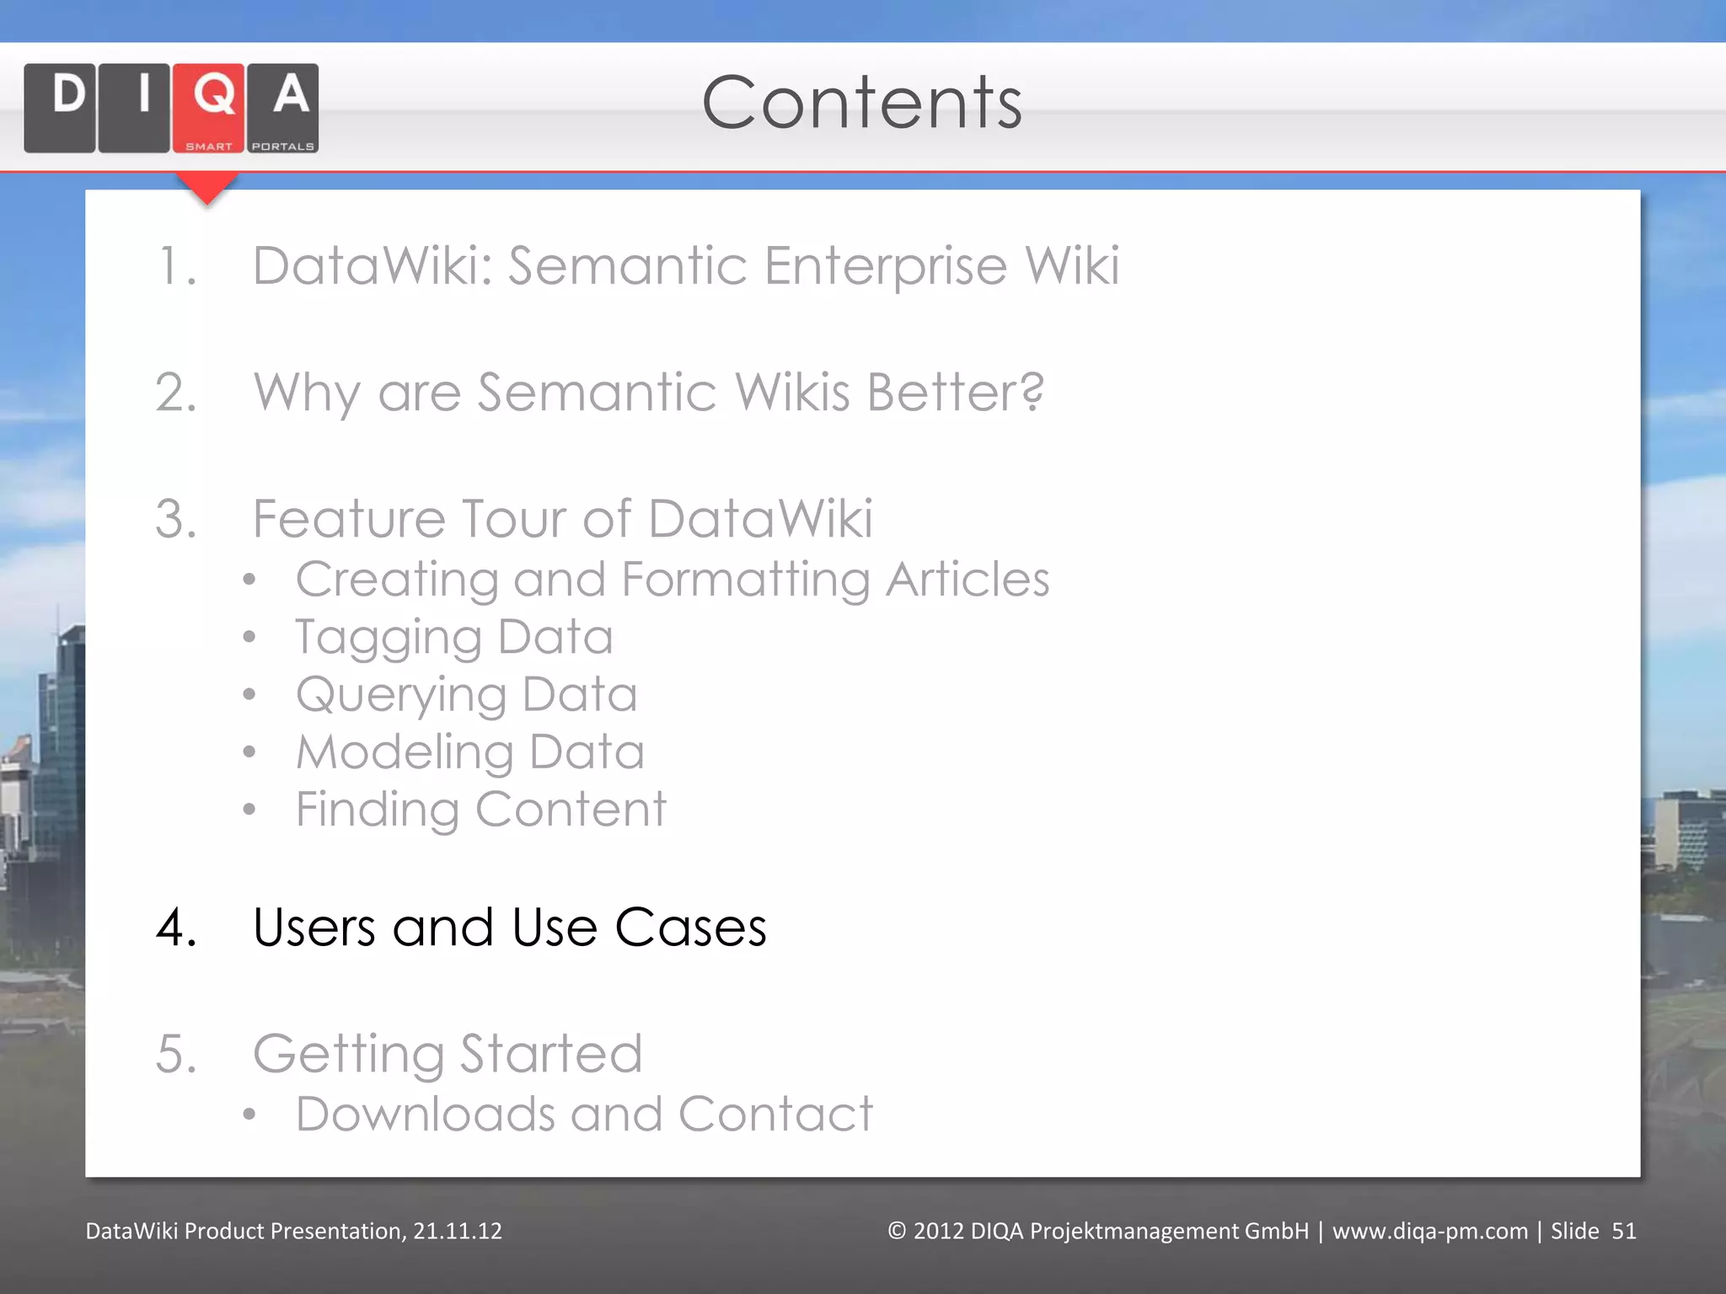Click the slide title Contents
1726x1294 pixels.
[x=861, y=103]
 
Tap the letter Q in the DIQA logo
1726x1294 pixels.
[x=213, y=94]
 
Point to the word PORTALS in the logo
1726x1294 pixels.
[x=282, y=147]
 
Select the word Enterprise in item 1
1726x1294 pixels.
[x=885, y=266]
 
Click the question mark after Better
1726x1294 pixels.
[x=1029, y=392]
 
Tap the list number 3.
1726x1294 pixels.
[x=175, y=519]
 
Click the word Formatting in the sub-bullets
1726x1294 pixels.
[x=745, y=581]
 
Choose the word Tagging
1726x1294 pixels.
[x=388, y=639]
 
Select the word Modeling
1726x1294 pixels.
[x=405, y=752]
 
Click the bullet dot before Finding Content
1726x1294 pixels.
[x=249, y=810]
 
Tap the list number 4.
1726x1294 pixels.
[x=175, y=928]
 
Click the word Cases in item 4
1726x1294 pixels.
[x=690, y=928]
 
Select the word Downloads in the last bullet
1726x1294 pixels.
[x=425, y=1115]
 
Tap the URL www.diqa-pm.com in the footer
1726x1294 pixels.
[x=1429, y=1231]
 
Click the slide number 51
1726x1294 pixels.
[x=1623, y=1231]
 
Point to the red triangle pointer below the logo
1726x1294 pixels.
[x=206, y=188]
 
